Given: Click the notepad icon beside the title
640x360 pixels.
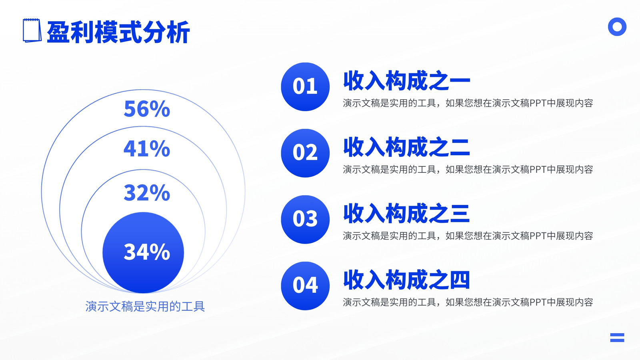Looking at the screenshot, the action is (x=32, y=30).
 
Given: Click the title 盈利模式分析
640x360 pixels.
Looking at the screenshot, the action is (x=118, y=32).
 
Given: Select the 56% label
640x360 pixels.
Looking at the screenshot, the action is (x=147, y=108).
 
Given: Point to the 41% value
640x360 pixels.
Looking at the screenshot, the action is (x=147, y=148).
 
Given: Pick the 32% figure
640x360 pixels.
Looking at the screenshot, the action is (x=147, y=192).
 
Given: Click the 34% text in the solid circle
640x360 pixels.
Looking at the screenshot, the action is (x=147, y=252).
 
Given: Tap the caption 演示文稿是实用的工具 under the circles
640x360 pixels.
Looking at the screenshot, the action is (x=145, y=306).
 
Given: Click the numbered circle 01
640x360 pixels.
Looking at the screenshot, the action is (x=305, y=86).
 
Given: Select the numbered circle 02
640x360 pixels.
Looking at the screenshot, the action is (x=305, y=153).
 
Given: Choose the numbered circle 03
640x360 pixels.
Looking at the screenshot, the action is (x=305, y=220).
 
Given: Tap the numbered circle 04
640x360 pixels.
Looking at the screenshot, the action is (x=305, y=286).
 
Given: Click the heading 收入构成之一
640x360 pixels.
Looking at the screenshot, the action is (x=406, y=80).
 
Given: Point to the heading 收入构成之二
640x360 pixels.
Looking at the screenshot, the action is (x=406, y=147).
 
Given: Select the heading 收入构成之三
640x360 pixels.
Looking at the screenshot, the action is (x=406, y=213).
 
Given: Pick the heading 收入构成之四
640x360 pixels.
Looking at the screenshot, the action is (x=406, y=280).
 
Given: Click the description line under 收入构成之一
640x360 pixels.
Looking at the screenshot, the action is (x=468, y=103).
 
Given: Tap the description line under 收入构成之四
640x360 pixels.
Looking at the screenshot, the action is (x=468, y=302).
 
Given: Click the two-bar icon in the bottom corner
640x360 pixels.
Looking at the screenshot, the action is (x=617, y=338).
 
